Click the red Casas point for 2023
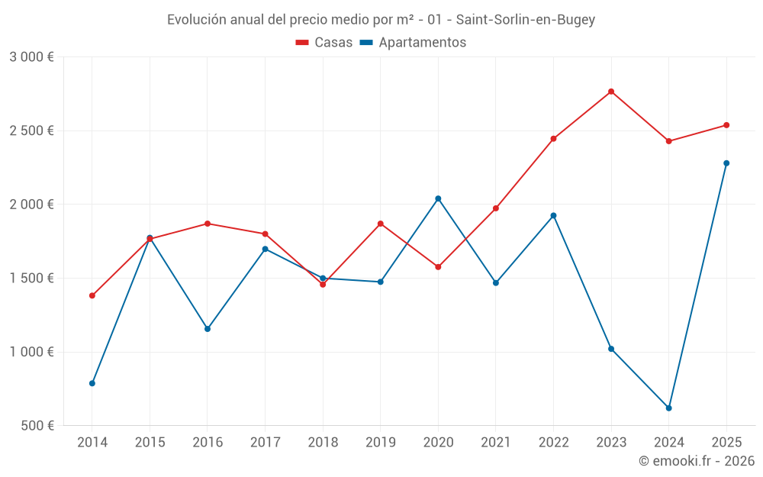[611, 92]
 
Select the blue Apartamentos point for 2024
[668, 408]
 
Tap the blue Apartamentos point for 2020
[438, 198]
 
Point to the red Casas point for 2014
[92, 295]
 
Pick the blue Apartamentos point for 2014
[92, 383]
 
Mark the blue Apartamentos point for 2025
[726, 163]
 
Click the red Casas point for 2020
[438, 266]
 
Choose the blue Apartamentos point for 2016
[208, 328]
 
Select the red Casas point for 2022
[553, 139]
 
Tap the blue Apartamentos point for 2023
[611, 349]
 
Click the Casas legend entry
[324, 42]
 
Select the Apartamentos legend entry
[413, 42]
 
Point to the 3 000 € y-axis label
[31, 57]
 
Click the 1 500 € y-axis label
[31, 278]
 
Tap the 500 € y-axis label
[37, 425]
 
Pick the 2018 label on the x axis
[323, 442]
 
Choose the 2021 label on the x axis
[496, 442]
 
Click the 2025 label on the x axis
[726, 442]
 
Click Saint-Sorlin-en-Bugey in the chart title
[526, 20]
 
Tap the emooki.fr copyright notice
[697, 460]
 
